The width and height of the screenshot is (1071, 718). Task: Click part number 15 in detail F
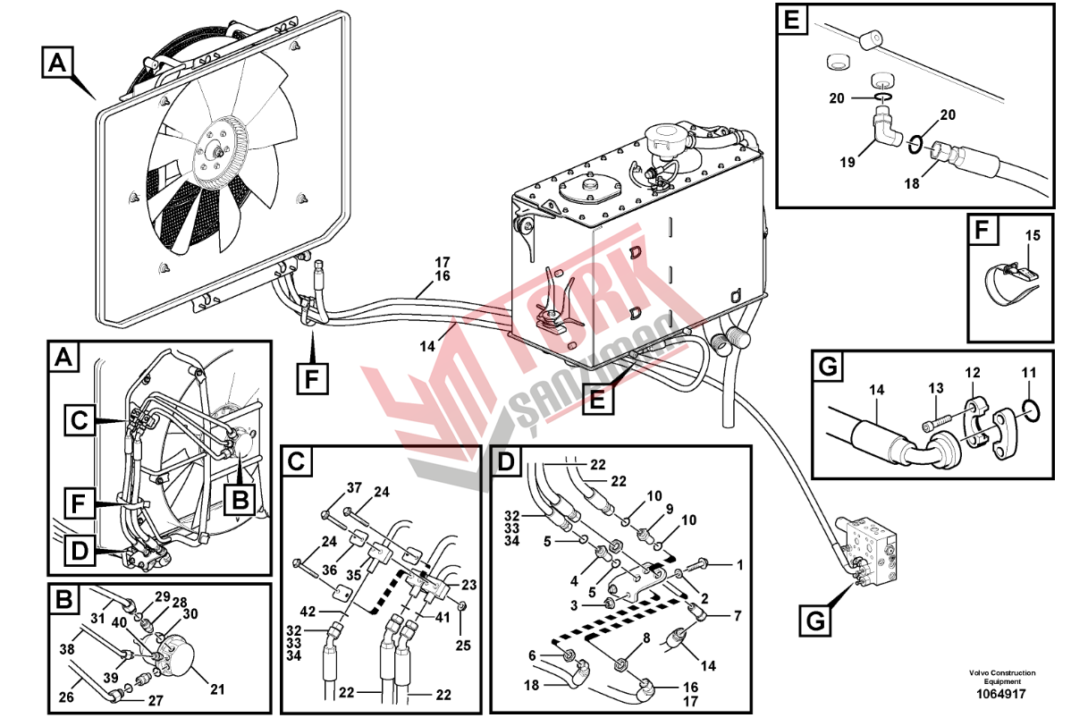click(1033, 236)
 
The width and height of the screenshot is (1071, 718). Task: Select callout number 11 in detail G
click(1029, 371)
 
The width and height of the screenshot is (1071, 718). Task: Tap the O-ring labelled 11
click(1029, 410)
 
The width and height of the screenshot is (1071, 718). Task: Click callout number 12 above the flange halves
click(971, 371)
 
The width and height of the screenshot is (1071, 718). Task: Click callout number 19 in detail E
click(848, 163)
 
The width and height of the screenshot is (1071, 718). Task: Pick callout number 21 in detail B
click(215, 688)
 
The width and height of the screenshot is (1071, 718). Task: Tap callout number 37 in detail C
click(354, 487)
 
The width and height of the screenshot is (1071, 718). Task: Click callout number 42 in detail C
click(307, 612)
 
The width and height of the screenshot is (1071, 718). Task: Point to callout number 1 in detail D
click(739, 564)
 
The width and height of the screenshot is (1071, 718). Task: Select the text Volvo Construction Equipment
click(1000, 677)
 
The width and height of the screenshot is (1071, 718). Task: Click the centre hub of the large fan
click(218, 153)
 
